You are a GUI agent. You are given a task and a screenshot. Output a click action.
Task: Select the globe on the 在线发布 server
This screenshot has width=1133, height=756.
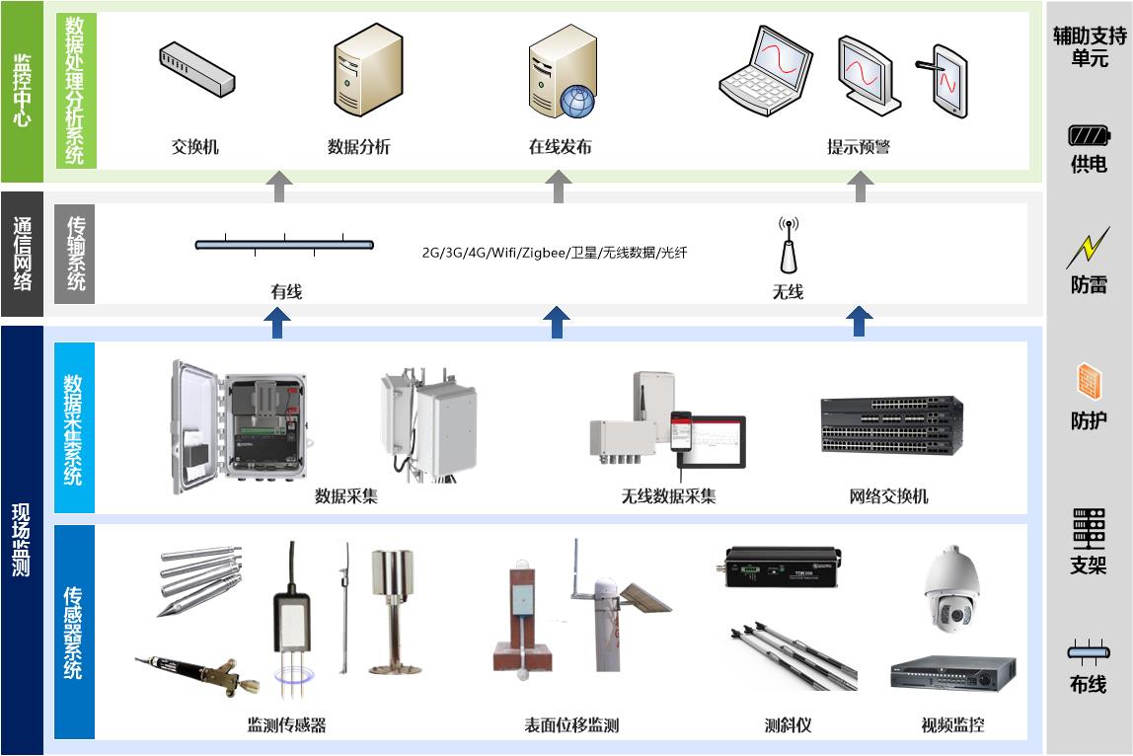(575, 101)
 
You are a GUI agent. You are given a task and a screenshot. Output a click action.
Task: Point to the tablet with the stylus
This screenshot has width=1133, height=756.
(945, 79)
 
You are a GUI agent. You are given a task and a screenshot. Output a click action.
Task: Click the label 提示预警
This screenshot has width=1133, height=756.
(858, 147)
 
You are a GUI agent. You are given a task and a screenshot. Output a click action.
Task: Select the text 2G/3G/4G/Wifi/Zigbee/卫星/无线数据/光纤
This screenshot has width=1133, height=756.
(554, 253)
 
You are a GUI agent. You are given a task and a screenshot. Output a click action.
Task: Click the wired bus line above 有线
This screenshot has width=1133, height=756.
(284, 244)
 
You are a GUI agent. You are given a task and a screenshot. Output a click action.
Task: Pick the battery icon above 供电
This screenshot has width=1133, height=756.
(1089, 135)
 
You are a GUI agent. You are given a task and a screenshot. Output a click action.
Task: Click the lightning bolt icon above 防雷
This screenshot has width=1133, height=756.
(1088, 248)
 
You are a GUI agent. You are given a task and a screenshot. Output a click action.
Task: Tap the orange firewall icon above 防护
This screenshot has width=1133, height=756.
(1089, 381)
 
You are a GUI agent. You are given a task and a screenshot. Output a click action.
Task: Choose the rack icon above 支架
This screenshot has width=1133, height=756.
(1089, 528)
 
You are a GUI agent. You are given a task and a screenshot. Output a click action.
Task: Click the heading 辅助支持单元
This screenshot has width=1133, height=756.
(1089, 47)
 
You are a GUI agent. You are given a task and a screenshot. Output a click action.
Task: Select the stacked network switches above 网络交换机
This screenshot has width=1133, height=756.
(890, 425)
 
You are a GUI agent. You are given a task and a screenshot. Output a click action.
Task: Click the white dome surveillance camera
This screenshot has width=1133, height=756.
(950, 589)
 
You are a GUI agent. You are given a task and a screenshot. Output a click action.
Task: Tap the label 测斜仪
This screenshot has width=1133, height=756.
(788, 725)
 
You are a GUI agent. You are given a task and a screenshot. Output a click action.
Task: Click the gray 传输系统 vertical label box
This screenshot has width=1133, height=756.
(76, 254)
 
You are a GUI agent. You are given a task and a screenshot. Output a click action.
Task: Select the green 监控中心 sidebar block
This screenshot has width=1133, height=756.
(22, 91)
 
